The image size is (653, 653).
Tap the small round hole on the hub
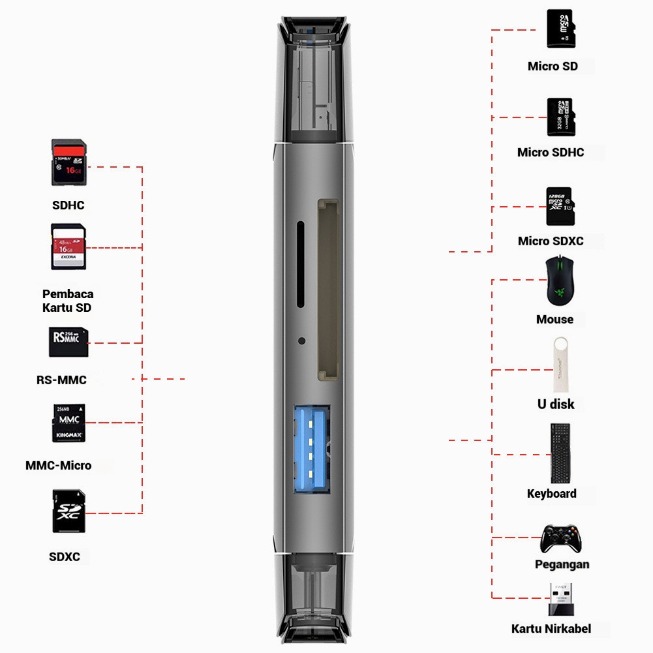click(301, 341)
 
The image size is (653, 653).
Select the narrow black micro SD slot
click(301, 264)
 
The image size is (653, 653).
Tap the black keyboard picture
click(560, 453)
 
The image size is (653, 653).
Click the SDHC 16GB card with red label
click(68, 163)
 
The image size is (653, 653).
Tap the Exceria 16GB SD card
click(68, 247)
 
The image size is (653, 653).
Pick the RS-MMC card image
click(68, 342)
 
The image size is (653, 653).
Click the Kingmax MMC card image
click(68, 423)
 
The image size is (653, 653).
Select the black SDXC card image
click(68, 511)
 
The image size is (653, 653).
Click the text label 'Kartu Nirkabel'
click(551, 629)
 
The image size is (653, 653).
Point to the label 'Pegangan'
click(562, 564)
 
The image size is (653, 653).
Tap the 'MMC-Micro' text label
click(58, 466)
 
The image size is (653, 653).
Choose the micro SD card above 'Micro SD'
click(561, 29)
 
